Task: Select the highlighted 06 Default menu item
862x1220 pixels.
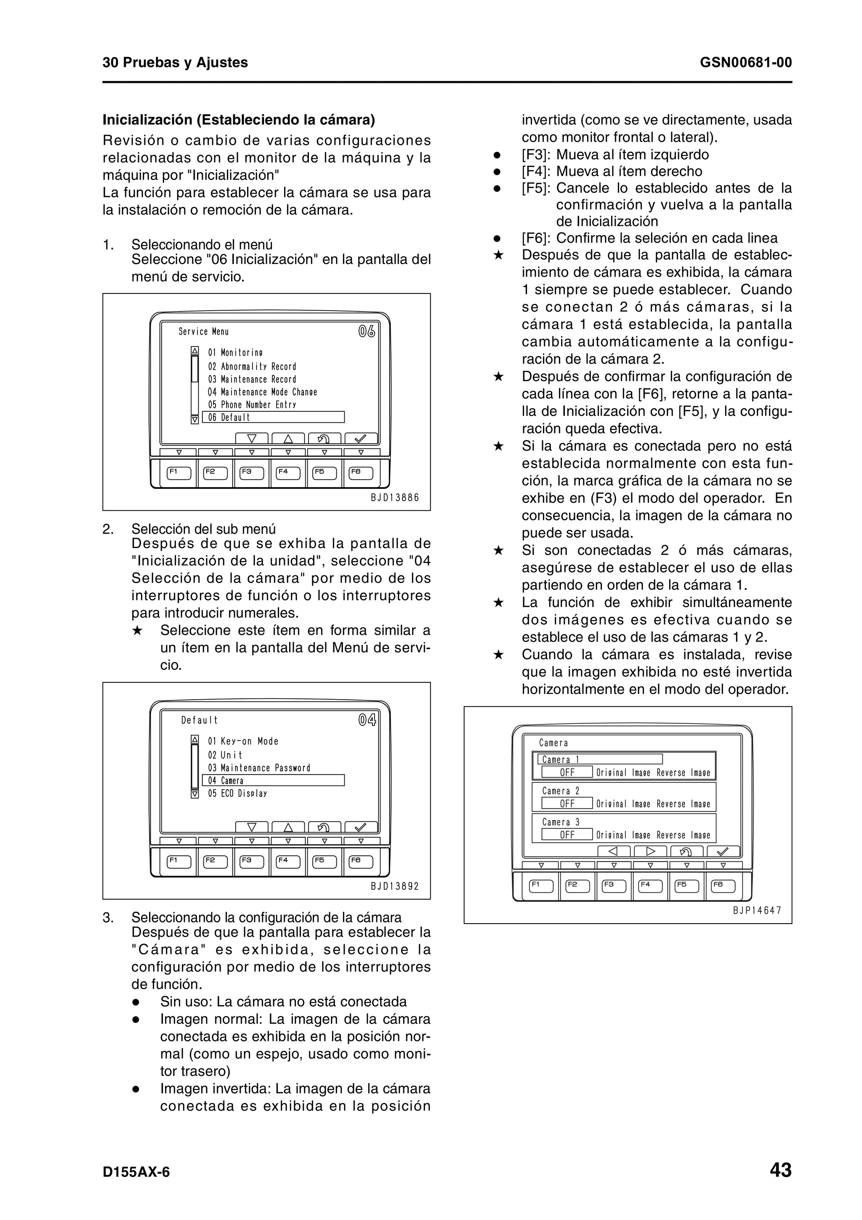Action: [x=273, y=417]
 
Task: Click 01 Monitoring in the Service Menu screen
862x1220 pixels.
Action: [x=235, y=353]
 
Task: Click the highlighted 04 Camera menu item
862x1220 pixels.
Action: [x=273, y=780]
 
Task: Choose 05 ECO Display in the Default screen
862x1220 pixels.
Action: [x=237, y=793]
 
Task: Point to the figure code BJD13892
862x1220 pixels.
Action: [x=395, y=886]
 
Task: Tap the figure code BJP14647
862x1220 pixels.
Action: [x=757, y=910]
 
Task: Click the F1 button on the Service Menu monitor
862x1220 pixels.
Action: [x=178, y=472]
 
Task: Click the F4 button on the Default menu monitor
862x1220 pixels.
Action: [x=288, y=861]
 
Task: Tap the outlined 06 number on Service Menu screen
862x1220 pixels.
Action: [x=367, y=332]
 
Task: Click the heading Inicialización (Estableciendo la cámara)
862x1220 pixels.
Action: [x=239, y=120]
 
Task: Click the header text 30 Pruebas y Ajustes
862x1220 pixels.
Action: [x=175, y=63]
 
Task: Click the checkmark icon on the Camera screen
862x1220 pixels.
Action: [x=723, y=851]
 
